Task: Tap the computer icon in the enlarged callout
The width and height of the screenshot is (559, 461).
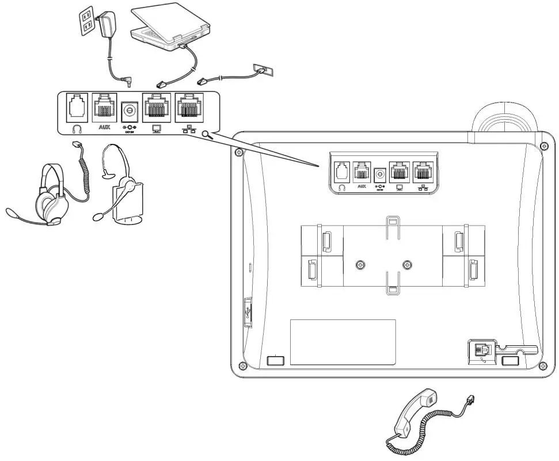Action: pyautogui.click(x=155, y=129)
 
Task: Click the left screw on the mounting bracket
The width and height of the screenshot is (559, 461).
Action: pyautogui.click(x=360, y=265)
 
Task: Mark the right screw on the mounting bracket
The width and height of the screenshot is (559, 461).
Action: pyautogui.click(x=408, y=265)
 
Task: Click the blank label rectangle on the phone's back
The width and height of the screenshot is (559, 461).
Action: pyautogui.click(x=343, y=342)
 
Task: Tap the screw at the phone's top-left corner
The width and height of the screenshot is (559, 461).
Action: pyautogui.click(x=238, y=152)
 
